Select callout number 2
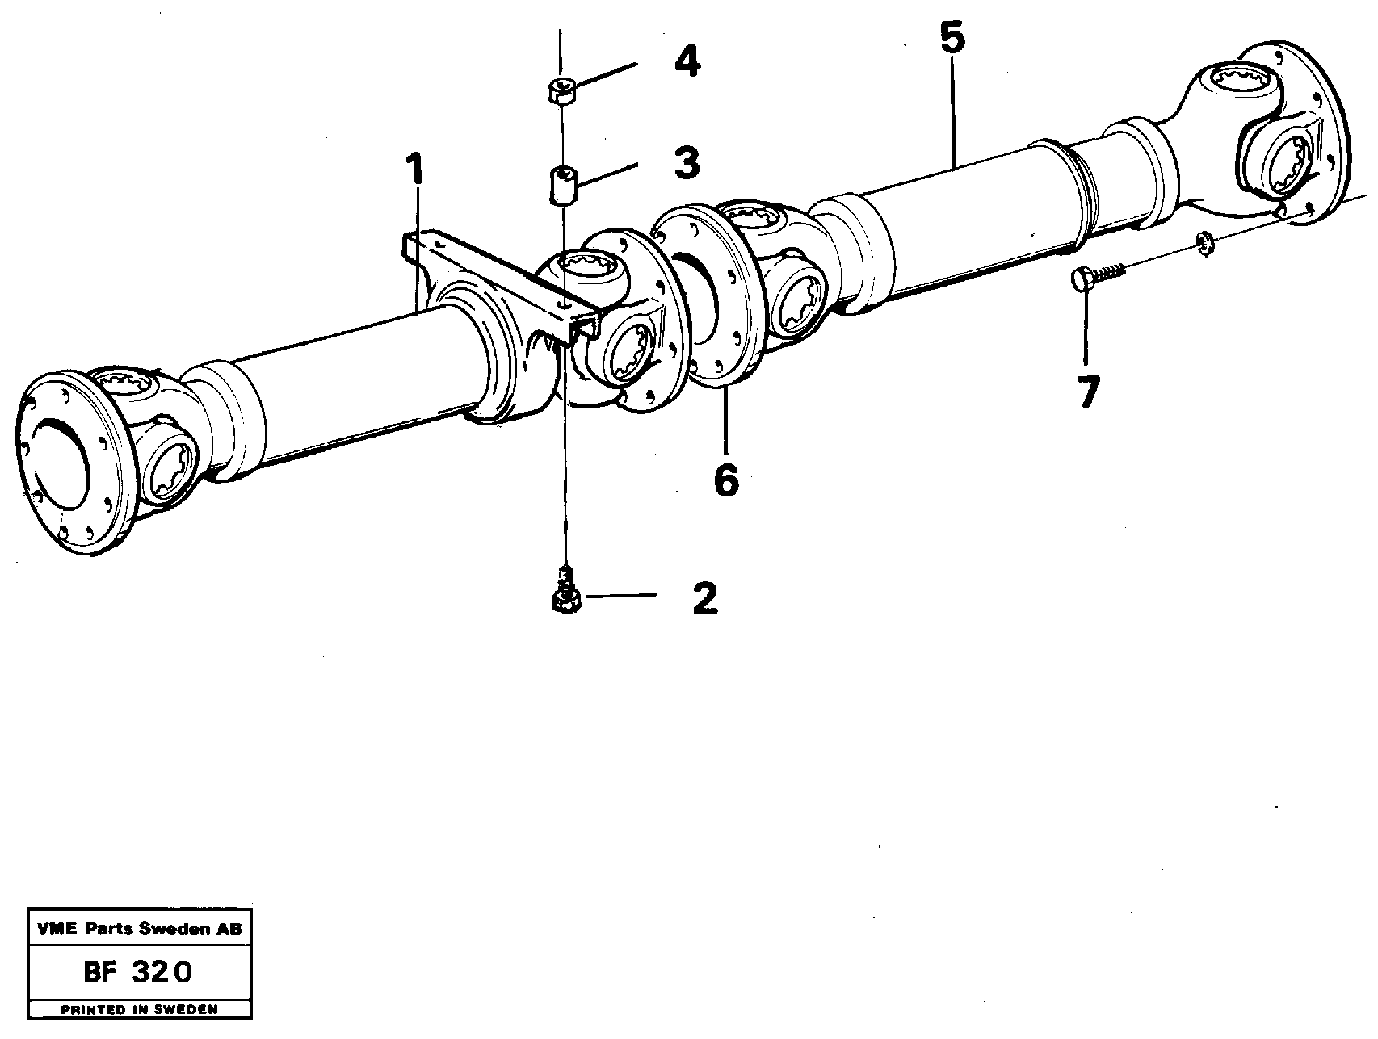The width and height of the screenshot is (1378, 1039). pos(704,599)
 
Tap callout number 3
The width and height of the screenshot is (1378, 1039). pos(686,163)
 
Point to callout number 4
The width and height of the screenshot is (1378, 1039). pos(687,62)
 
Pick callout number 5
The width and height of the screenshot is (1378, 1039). pos(952,39)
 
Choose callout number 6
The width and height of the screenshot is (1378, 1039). pos(726,481)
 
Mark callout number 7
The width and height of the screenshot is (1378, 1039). pos(1087,393)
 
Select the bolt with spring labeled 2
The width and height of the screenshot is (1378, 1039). pos(566,593)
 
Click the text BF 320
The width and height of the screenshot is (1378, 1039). pos(137,972)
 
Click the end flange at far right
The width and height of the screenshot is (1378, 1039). pos(1309,129)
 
